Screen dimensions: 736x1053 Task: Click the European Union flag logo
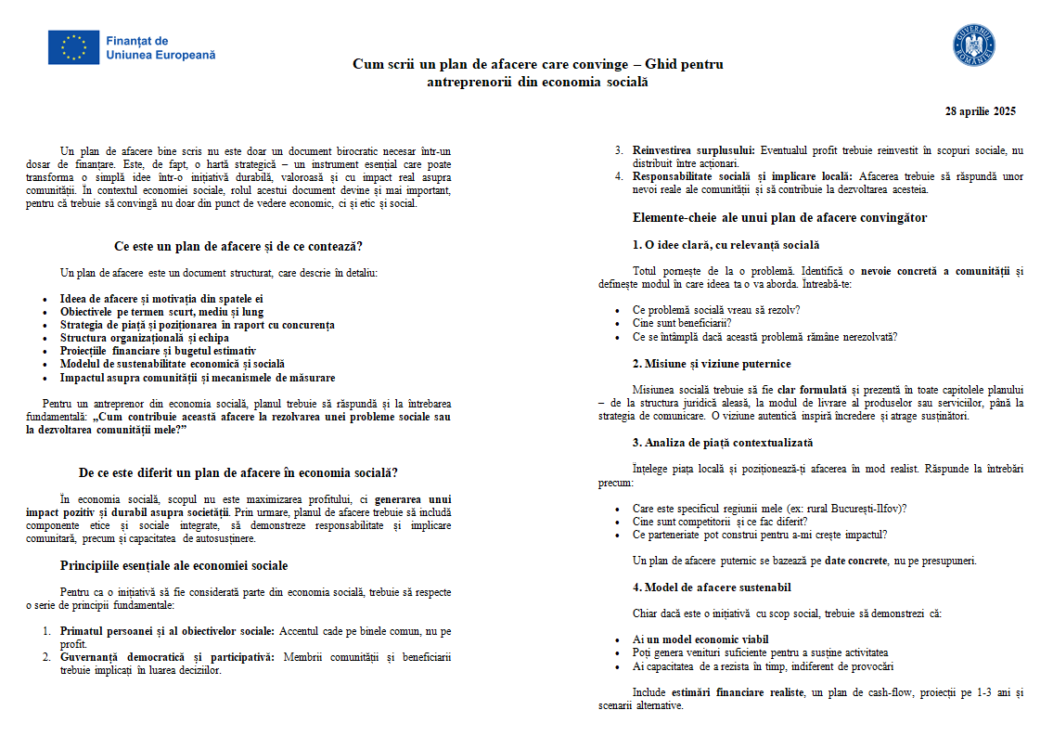point(73,47)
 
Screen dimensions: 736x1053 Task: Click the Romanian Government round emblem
point(973,45)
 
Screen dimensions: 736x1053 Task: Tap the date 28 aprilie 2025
point(980,111)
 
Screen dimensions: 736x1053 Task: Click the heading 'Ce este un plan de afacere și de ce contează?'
point(238,247)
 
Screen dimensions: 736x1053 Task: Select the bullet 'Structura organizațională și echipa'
point(144,338)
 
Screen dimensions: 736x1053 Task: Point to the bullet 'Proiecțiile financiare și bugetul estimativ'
point(158,351)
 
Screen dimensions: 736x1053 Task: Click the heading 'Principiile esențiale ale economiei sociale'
point(173,565)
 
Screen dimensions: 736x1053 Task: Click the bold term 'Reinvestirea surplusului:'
point(694,150)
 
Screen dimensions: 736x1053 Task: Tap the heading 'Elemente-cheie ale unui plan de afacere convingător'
point(779,218)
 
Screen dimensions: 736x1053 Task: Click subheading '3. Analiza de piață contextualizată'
point(723,443)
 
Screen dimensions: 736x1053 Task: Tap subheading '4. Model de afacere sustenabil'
point(712,588)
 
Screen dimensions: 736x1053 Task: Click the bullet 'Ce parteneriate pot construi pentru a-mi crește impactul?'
point(760,535)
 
